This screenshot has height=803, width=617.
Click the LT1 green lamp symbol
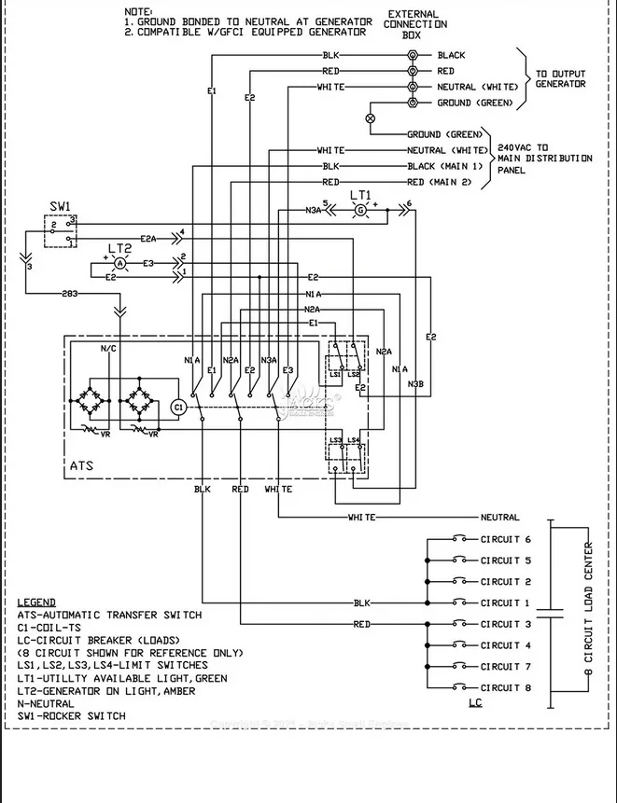[360, 212]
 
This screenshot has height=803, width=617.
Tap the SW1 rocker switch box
[61, 231]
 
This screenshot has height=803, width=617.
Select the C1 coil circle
[179, 406]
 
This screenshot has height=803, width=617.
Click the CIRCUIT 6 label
[505, 540]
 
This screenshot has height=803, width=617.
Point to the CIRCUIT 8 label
[505, 687]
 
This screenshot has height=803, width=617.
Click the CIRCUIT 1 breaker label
[505, 603]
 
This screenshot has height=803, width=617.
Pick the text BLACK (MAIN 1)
[445, 166]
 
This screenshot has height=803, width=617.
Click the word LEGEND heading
[36, 602]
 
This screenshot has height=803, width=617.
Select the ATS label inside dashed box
[82, 464]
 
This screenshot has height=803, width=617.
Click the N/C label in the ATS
[109, 348]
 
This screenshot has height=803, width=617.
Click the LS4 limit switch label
[353, 440]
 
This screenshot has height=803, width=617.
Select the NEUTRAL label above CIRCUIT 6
[500, 517]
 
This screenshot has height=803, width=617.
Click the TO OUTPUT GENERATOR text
[560, 78]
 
